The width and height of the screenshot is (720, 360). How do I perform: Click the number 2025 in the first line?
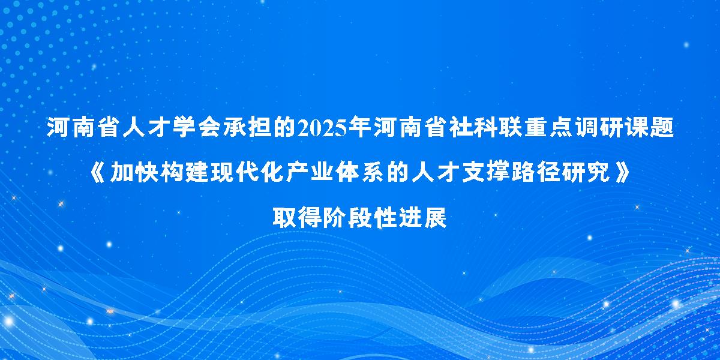322,128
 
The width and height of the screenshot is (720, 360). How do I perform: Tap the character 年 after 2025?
360,127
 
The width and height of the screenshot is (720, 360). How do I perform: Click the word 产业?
310,173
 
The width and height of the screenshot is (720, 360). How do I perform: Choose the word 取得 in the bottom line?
297,218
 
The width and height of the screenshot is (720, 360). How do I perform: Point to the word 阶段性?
359,218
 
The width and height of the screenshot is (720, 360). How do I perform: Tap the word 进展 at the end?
422,218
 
